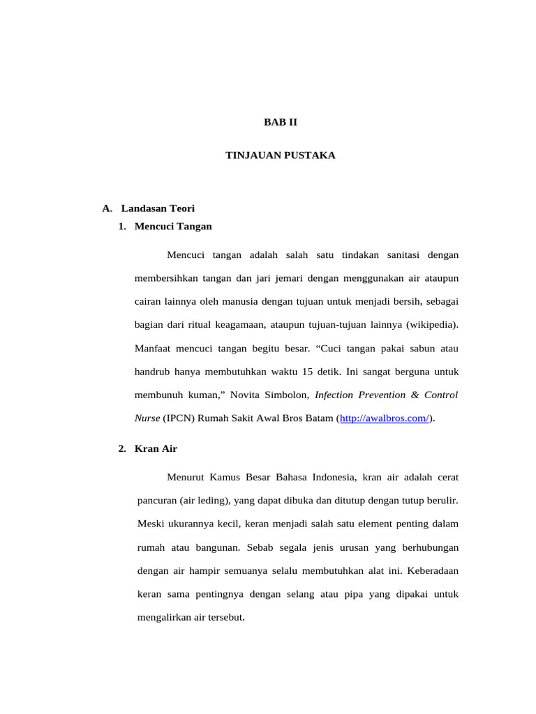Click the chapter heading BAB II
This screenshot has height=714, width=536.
tap(280, 121)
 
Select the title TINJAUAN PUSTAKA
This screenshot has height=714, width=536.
tap(280, 155)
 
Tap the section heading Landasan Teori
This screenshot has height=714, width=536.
tap(158, 208)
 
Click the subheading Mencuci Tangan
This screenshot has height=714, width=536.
tap(173, 226)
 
